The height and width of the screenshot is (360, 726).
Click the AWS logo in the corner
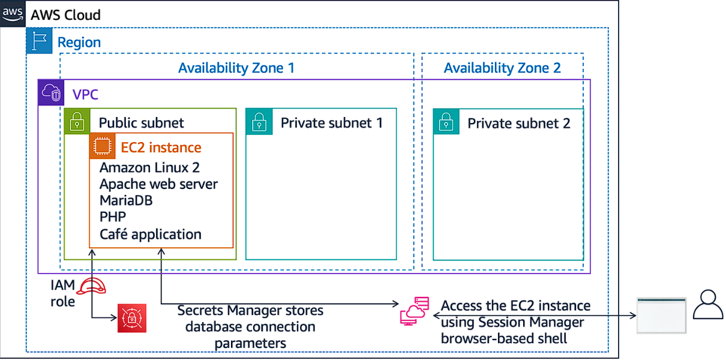pos(13,13)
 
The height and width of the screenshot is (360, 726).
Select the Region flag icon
pos(40,41)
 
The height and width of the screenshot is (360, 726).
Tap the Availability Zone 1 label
pos(236,68)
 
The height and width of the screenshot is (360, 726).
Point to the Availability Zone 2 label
pos(502,68)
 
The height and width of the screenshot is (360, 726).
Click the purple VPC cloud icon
pos(52,93)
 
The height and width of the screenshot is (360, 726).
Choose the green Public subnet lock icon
pos(77,122)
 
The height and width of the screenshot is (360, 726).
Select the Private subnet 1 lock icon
pos(259,122)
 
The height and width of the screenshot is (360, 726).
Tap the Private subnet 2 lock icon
pos(446,122)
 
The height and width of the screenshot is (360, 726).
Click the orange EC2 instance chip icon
pos(102,146)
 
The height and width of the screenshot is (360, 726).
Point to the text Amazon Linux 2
pos(149,167)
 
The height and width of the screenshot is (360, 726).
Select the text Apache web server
pos(158,184)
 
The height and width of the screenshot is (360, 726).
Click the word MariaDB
pos(126,200)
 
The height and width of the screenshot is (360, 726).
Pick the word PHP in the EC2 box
pos(113,217)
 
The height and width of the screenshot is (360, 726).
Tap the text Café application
pos(151,234)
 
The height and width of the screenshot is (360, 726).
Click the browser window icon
pos(661,315)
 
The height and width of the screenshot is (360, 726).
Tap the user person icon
pos(708,304)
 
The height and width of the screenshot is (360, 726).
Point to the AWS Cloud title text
pos(66,14)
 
